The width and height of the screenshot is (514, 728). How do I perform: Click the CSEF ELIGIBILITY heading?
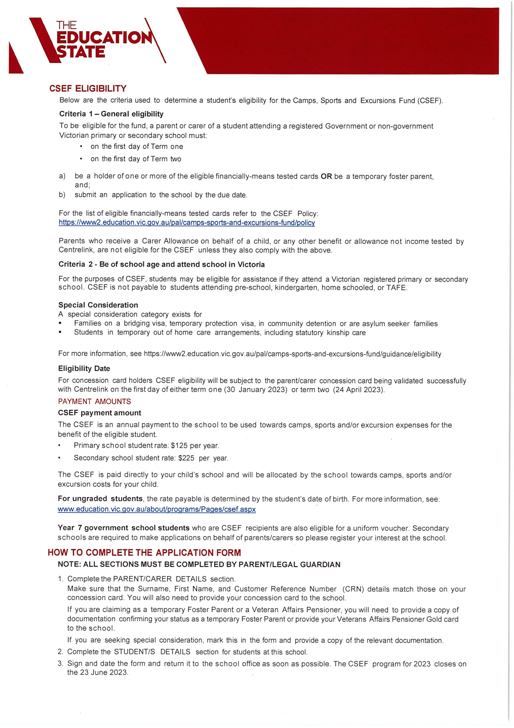[x=88, y=89]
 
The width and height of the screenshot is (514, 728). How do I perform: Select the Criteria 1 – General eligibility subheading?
[x=111, y=114]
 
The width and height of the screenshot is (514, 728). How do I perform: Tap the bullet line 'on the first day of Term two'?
[x=136, y=159]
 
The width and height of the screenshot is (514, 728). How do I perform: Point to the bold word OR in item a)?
[x=326, y=176]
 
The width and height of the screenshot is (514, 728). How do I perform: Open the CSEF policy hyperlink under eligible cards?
[x=187, y=223]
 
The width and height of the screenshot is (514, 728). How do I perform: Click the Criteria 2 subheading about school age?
[x=162, y=265]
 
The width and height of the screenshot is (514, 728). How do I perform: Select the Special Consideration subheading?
[x=98, y=305]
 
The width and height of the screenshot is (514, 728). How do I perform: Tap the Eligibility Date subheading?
[x=84, y=368]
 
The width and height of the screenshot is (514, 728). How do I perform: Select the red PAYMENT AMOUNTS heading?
[x=94, y=402]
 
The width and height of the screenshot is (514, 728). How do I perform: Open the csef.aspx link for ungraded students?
[x=157, y=509]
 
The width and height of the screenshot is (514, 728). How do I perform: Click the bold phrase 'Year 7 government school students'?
[x=124, y=528]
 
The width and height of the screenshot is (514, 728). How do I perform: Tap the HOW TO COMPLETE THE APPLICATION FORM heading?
[x=144, y=552]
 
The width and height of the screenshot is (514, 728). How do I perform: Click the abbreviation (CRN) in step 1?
[x=353, y=589]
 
